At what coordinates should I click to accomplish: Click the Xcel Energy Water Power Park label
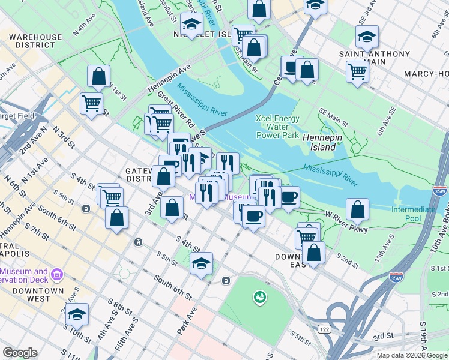coord(277,127)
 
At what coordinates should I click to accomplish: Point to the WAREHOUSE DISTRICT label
coord(35,41)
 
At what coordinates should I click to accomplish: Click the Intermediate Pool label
coord(414,214)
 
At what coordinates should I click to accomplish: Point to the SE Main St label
coord(333,119)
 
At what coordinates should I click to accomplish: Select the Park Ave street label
coord(187,321)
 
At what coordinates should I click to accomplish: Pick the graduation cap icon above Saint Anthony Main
coord(367,37)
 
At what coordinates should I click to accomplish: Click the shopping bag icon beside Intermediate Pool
coord(357,209)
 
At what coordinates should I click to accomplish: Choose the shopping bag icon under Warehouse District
coord(98,77)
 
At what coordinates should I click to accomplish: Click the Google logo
coord(20,353)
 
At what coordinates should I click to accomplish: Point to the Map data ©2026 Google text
coord(411,355)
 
